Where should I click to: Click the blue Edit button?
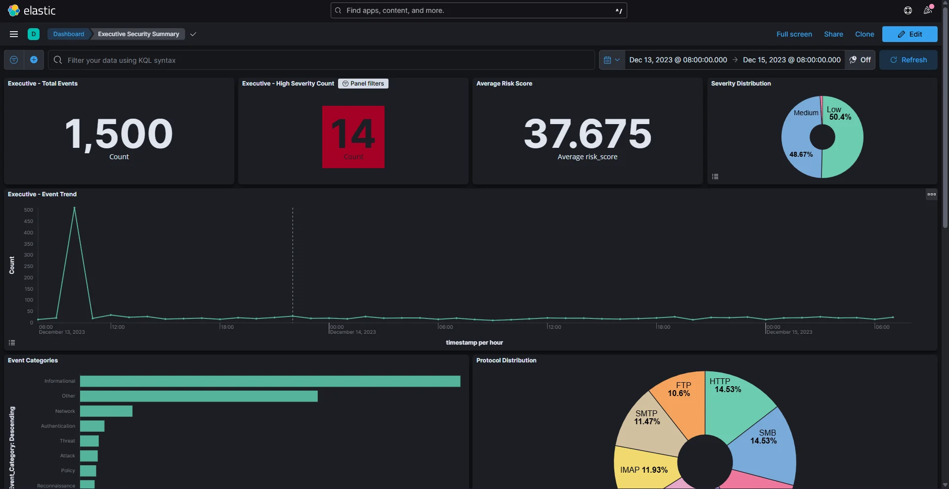coord(909,34)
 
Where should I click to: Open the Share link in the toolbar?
coord(833,34)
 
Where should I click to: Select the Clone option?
coord(864,34)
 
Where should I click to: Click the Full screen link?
coord(794,34)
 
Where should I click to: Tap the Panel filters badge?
coord(363,84)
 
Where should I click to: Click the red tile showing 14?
coord(353,136)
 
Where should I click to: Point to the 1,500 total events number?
coord(119,134)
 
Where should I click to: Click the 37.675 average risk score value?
coord(587,134)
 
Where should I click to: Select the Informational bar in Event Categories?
coord(270,381)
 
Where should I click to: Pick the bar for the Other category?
coord(199,396)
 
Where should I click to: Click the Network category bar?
coord(106,411)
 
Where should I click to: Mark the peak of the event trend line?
coord(75,208)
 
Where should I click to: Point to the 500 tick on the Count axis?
coord(28,210)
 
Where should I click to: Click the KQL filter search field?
coord(321,60)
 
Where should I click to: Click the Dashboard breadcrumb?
coord(69,34)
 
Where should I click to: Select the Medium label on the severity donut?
coord(806,113)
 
